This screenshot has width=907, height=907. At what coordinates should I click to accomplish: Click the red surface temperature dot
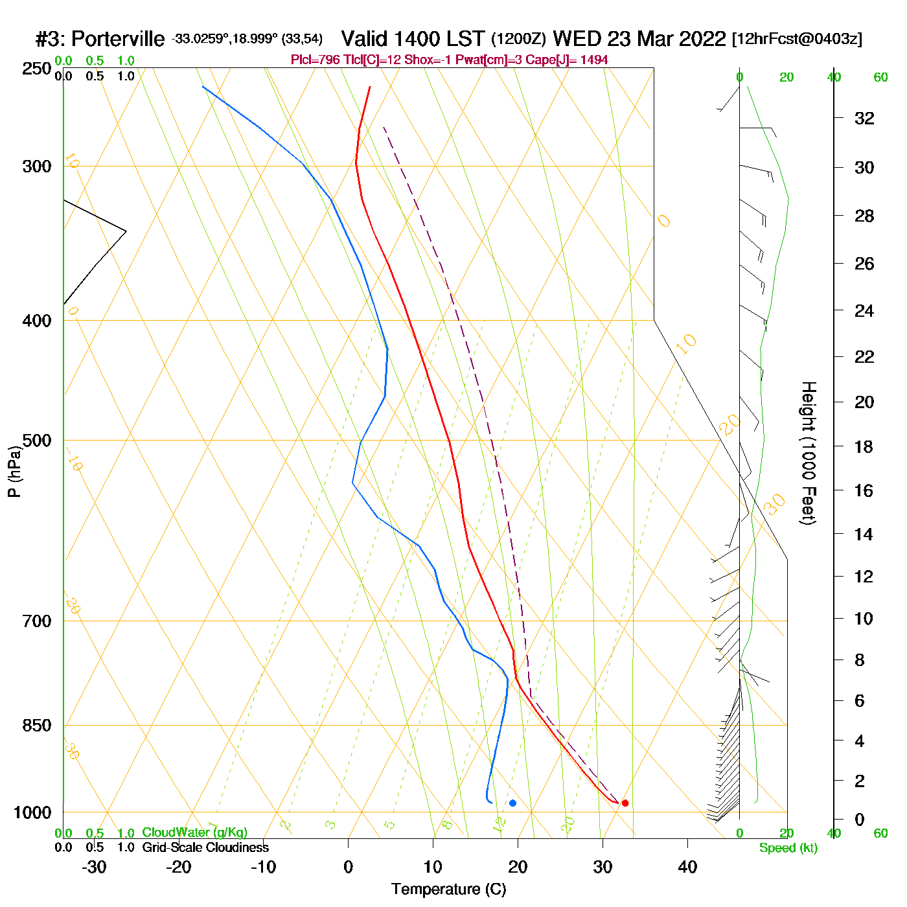[625, 803]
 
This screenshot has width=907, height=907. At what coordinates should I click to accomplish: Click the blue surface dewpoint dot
[512, 803]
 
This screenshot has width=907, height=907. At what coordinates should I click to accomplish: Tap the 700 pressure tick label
[36, 621]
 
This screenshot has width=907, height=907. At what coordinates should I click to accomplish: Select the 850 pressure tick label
[36, 726]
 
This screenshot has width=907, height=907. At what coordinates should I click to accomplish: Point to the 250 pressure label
[36, 69]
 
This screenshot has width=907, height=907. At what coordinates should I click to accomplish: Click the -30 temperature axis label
[94, 867]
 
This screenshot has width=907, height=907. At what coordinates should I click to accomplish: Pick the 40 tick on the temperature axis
[687, 867]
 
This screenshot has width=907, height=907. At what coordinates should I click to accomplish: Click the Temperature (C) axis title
[448, 890]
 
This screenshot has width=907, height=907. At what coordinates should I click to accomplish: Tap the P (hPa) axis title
[14, 471]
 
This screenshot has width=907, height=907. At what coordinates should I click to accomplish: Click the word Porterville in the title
[118, 40]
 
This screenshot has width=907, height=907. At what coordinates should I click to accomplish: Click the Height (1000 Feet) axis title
[808, 453]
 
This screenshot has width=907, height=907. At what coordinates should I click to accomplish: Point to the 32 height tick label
[864, 119]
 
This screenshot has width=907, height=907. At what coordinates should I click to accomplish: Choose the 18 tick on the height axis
[864, 446]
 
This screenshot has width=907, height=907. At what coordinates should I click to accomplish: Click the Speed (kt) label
[788, 848]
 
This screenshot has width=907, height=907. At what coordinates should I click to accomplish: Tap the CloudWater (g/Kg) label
[194, 832]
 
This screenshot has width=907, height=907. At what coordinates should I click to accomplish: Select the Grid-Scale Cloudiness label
[205, 847]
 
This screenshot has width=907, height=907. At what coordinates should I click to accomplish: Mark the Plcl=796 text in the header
[316, 60]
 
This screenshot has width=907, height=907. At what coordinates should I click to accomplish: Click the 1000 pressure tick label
[32, 812]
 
